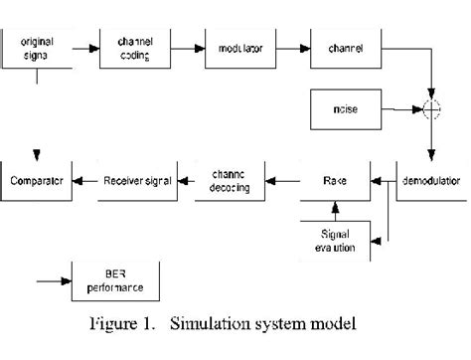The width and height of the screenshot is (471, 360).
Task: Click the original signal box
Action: (x=38, y=48)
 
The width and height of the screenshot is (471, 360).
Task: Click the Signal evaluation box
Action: (x=333, y=236)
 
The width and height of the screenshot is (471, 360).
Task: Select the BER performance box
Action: (x=110, y=281)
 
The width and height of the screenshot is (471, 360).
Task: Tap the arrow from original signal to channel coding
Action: (x=87, y=48)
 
